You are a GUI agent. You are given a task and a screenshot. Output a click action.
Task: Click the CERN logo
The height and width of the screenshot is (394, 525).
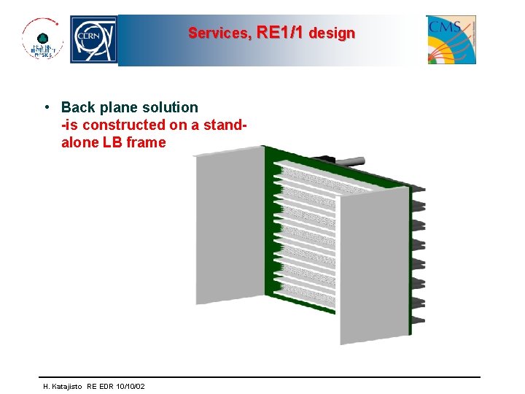coord(93,40)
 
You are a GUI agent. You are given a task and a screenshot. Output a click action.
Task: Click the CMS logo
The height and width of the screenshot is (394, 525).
coord(451,39)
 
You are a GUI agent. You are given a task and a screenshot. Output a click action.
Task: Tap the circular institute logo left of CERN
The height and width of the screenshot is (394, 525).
coord(42,39)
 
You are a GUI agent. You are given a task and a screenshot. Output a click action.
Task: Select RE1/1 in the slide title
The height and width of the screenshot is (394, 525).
coord(281,33)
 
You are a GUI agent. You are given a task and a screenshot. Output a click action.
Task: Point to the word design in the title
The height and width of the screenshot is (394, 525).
coord(332,33)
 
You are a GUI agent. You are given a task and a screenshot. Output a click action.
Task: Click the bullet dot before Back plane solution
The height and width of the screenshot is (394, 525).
coord(46,107)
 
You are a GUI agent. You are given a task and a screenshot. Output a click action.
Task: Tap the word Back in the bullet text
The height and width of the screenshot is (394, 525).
coord(77,107)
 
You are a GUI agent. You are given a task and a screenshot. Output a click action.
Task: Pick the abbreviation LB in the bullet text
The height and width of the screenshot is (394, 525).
coord(112,142)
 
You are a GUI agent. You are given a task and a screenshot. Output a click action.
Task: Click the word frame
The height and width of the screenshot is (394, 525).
coord(146,142)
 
